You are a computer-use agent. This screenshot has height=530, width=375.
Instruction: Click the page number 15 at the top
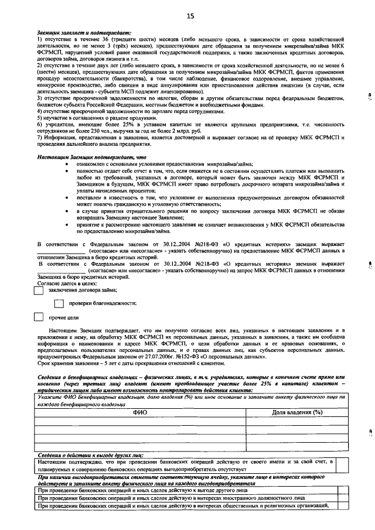click(x=190, y=15)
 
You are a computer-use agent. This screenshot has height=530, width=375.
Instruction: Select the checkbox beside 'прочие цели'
click(x=39, y=317)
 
